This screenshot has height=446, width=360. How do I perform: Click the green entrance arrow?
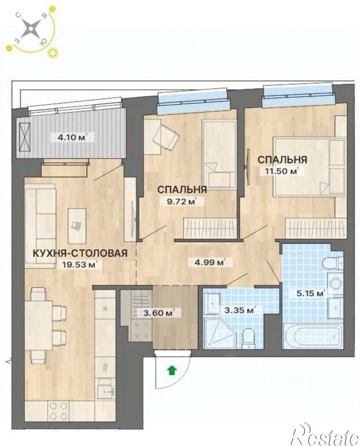(172, 370)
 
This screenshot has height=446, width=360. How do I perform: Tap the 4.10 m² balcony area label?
(69, 137)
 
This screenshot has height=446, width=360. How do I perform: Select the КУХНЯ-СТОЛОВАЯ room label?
(80, 253)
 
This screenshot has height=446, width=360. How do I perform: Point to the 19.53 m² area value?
(80, 264)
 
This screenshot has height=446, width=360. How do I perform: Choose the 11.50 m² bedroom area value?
(281, 171)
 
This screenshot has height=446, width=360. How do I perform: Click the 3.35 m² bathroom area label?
(238, 310)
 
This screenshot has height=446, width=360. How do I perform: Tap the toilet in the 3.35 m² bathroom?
(248, 338)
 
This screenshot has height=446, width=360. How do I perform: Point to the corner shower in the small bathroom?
(219, 333)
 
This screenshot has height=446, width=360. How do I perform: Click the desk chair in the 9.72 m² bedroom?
(166, 137)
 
